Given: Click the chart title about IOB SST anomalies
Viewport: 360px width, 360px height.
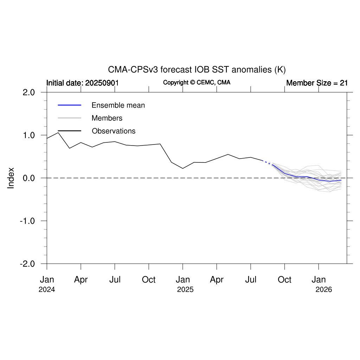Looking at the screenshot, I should (197, 69).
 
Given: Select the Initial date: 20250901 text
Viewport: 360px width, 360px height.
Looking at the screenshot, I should (83, 83).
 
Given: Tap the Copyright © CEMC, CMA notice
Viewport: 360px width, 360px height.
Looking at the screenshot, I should (197, 83).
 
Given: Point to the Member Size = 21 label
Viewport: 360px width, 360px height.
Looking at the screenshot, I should (317, 83).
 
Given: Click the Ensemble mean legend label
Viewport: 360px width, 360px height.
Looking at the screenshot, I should (118, 105).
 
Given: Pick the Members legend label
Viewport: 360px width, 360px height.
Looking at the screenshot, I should (107, 118).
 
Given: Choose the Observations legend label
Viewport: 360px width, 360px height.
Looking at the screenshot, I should (114, 131).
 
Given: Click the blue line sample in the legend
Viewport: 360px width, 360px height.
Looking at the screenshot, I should (69, 105).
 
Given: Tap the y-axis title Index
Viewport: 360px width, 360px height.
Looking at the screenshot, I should (11, 178).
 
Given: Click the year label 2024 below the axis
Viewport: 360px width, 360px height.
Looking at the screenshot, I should (47, 290).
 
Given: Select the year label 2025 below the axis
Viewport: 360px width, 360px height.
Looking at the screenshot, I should (185, 290).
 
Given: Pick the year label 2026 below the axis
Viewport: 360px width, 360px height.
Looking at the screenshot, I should (324, 290).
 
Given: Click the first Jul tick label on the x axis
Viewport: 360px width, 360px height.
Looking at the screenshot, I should (115, 280).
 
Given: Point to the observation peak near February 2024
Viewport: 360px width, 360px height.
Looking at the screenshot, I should (58, 133).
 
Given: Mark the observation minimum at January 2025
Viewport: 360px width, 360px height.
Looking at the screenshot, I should (183, 168).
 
